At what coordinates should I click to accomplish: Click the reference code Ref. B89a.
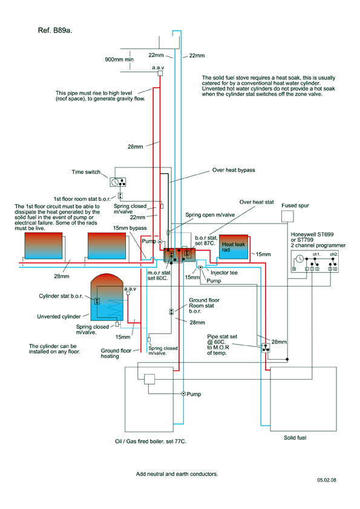pyautogui.click(x=55, y=30)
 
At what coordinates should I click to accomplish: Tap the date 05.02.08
pyautogui.click(x=327, y=480)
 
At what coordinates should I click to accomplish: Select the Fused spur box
pyautogui.click(x=287, y=216)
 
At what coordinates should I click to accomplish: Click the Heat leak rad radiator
pyautogui.click(x=234, y=247)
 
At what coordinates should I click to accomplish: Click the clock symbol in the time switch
pyautogui.click(x=114, y=182)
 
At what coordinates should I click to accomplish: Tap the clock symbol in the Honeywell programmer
pyautogui.click(x=299, y=259)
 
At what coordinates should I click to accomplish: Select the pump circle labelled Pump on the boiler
pyautogui.click(x=183, y=394)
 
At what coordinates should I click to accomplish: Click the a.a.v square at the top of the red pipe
pyautogui.click(x=160, y=73)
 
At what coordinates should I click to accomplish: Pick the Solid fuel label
pyautogui.click(x=295, y=438)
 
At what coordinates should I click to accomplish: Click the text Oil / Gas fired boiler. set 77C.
pyautogui.click(x=151, y=441)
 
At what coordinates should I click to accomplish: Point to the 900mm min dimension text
pyautogui.click(x=119, y=59)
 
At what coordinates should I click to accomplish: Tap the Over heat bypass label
pyautogui.click(x=234, y=170)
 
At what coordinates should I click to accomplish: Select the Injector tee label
pyautogui.click(x=224, y=273)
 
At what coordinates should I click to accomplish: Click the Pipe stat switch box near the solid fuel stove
pyautogui.click(x=266, y=348)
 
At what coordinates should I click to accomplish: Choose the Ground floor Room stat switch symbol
pyautogui.click(x=171, y=312)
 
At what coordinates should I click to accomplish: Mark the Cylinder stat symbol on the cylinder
pyautogui.click(x=97, y=301)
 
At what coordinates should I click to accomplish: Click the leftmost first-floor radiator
pyautogui.click(x=44, y=246)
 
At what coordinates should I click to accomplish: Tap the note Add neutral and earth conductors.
pyautogui.click(x=177, y=474)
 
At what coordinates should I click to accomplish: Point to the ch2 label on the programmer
pyautogui.click(x=334, y=254)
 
